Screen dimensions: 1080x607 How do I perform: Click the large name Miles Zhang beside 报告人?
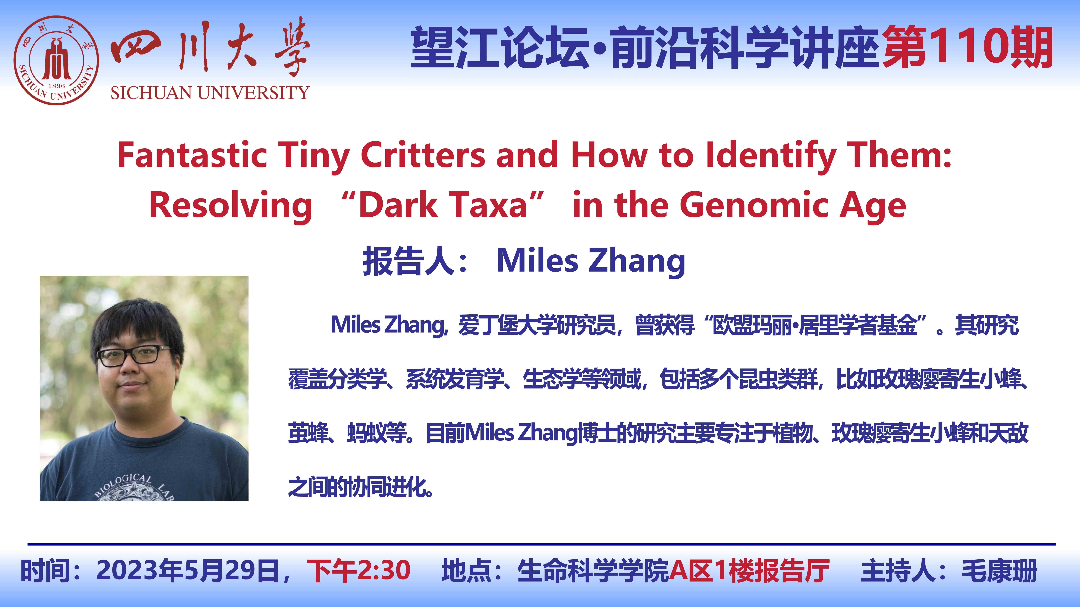[x=591, y=261]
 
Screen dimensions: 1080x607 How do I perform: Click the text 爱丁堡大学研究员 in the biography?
[x=537, y=325]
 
